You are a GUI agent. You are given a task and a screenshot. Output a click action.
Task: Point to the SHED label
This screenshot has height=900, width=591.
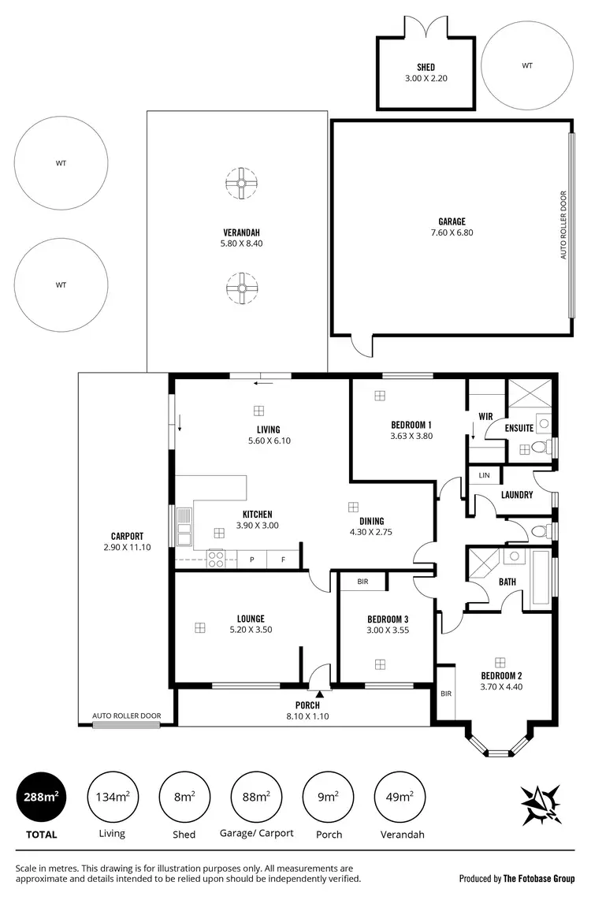(x=426, y=68)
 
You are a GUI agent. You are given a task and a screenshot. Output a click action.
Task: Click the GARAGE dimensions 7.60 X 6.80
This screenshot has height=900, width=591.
(x=452, y=232)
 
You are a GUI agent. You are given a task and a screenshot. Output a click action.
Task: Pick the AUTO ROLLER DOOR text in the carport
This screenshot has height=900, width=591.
(x=126, y=716)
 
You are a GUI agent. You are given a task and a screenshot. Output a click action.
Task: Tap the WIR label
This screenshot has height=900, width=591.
(x=485, y=416)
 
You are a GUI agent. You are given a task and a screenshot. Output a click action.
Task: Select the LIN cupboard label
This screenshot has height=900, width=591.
(x=484, y=475)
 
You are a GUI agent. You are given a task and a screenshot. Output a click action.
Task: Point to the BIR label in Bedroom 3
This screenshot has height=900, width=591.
(x=362, y=582)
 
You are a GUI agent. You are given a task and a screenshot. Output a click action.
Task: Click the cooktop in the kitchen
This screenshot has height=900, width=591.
(x=216, y=560)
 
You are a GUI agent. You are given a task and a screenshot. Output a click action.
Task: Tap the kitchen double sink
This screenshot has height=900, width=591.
(x=184, y=527)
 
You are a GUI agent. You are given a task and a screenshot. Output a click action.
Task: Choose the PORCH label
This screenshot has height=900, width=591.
(x=307, y=705)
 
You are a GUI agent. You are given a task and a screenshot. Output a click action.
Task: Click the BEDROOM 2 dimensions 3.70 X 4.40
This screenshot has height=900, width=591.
(x=501, y=686)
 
